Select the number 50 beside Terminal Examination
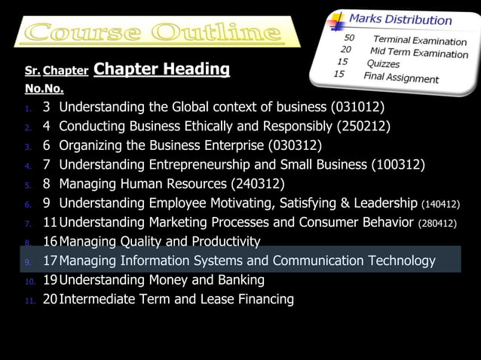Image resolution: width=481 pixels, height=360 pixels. [x=350, y=37]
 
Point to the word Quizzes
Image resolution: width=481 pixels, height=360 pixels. [x=383, y=64]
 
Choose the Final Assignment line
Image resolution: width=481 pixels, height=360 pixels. [x=400, y=78]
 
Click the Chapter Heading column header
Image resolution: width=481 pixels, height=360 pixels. [x=162, y=70]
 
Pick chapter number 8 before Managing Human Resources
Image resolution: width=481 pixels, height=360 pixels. [x=47, y=185]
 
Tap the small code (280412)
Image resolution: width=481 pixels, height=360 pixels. [x=438, y=224]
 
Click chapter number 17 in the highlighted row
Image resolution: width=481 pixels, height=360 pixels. [x=50, y=261]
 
